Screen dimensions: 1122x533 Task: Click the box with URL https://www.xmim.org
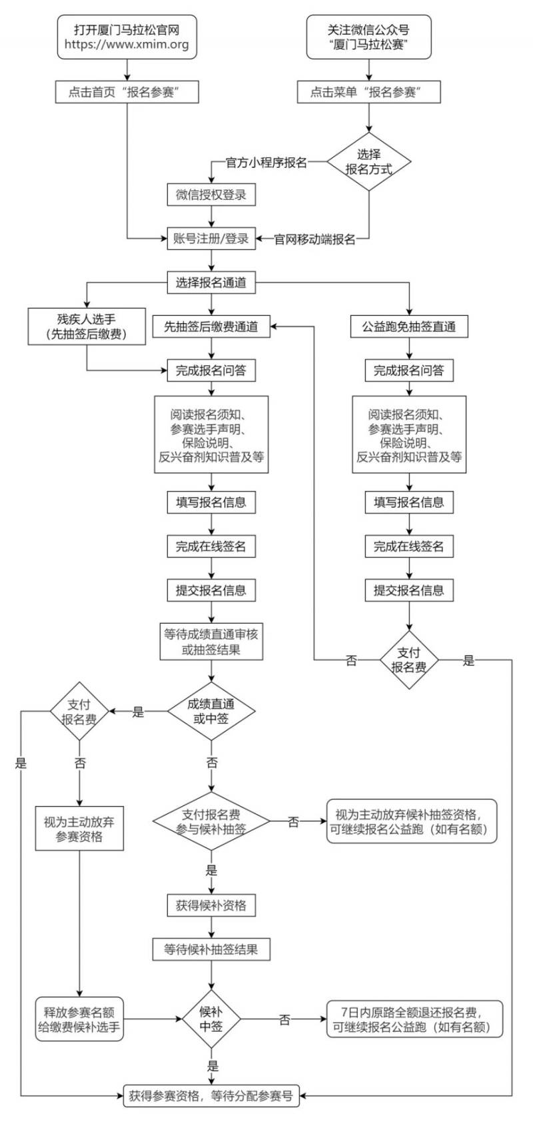pyautogui.click(x=127, y=37)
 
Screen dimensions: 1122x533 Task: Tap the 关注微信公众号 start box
pyautogui.click(x=368, y=37)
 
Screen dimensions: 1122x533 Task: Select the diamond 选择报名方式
pyautogui.click(x=368, y=161)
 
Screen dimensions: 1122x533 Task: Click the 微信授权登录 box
pyautogui.click(x=211, y=195)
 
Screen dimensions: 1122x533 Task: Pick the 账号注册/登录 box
pyautogui.click(x=211, y=239)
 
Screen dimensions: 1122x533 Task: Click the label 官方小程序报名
pyautogui.click(x=266, y=162)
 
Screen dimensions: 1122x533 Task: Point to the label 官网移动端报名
pyautogui.click(x=315, y=239)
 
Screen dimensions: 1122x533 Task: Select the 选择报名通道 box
pyautogui.click(x=211, y=282)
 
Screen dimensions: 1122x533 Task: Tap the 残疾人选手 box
pyautogui.click(x=87, y=326)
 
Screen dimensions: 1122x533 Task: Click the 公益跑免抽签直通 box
pyautogui.click(x=409, y=326)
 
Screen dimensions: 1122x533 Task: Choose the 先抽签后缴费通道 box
pyautogui.click(x=211, y=326)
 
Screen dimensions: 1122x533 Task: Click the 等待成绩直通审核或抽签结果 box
pyautogui.click(x=211, y=642)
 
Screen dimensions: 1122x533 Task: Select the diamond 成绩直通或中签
pyautogui.click(x=211, y=711)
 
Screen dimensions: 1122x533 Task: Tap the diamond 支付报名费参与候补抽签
pyautogui.click(x=211, y=821)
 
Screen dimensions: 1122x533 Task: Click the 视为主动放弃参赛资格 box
pyautogui.click(x=79, y=829)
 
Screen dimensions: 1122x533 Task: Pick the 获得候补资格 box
pyautogui.click(x=211, y=905)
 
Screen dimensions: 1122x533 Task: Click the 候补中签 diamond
pyautogui.click(x=211, y=1019)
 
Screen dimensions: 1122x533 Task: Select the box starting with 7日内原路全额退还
pyautogui.click(x=414, y=1019)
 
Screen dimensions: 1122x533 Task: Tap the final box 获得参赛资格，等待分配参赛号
pyautogui.click(x=211, y=1095)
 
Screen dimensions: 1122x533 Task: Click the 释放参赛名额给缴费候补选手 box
pyautogui.click(x=79, y=1019)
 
